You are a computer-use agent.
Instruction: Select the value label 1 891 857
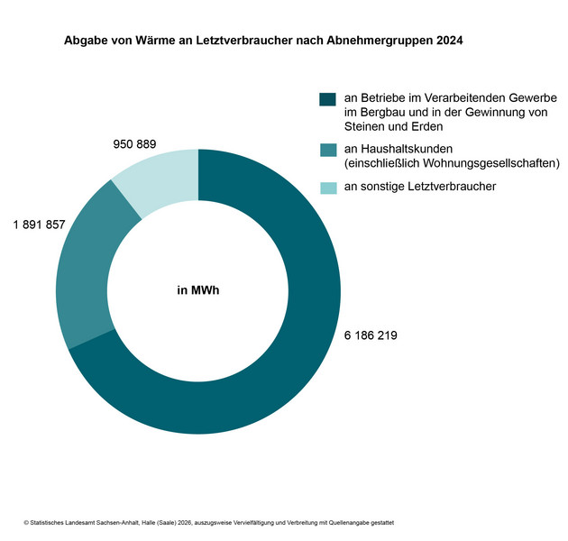coord(39,225)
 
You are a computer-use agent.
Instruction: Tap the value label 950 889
coord(134,144)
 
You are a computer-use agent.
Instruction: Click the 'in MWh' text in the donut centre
coord(198,291)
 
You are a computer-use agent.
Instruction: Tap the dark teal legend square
coord(327,98)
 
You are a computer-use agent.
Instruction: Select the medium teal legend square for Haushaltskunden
coord(327,150)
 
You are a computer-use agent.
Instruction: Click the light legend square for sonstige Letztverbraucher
coord(327,187)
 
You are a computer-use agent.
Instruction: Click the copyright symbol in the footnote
coord(26,523)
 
